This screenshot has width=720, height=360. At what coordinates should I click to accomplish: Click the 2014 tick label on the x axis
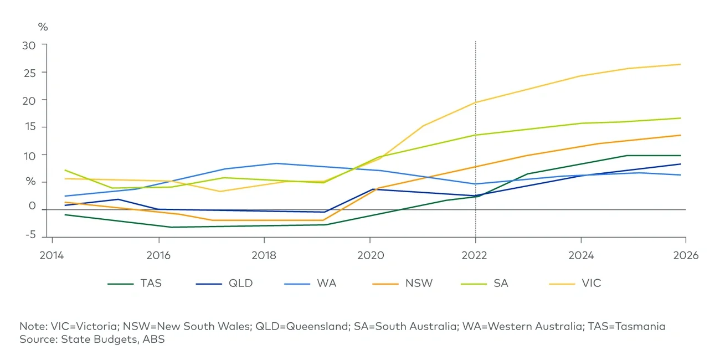click(52, 255)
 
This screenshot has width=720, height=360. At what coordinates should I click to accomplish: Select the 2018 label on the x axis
click(264, 255)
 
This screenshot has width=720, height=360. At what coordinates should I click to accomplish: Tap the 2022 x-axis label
click(475, 255)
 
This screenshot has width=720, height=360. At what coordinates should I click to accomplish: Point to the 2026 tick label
click(686, 255)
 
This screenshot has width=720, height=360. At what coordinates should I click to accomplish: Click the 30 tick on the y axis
click(29, 45)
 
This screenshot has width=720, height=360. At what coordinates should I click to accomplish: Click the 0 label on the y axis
click(32, 207)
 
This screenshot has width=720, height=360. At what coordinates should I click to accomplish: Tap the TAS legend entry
click(151, 283)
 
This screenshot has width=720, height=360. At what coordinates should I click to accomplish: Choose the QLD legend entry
click(240, 283)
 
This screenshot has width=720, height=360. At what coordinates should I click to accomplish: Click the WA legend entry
click(326, 283)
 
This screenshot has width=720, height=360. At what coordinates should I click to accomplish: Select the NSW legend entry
click(419, 283)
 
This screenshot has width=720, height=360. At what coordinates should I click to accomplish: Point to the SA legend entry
click(501, 283)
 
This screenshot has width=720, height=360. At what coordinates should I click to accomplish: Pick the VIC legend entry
click(591, 283)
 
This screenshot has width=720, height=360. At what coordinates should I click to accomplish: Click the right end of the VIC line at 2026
click(681, 64)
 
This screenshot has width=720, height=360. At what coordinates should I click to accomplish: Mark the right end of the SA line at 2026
click(681, 118)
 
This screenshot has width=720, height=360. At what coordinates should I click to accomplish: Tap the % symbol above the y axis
click(43, 27)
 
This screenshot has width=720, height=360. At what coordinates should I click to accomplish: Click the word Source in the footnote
click(36, 339)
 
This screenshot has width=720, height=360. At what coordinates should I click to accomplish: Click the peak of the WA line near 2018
click(276, 163)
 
